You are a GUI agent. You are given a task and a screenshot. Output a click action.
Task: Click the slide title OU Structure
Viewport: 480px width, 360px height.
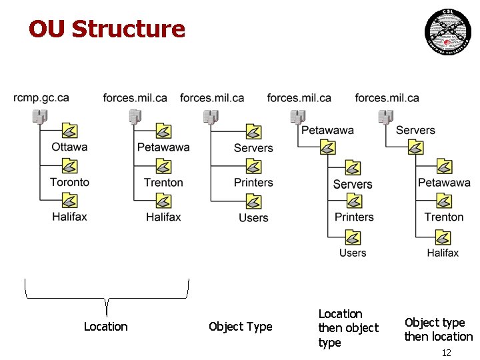pos(107,29)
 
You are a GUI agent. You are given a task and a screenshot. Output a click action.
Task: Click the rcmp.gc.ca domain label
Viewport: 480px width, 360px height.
pos(41,98)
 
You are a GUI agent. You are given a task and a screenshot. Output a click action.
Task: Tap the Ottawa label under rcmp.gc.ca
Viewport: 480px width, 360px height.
pos(69,147)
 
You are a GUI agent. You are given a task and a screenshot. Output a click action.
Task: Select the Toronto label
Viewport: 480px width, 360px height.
pos(69,182)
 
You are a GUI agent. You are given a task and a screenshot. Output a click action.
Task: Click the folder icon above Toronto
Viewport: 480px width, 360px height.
pos(69,165)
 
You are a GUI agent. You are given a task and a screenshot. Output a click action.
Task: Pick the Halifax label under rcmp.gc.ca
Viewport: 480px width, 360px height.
pos(69,217)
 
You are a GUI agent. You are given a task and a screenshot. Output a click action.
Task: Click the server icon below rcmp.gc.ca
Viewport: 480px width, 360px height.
pos(39,117)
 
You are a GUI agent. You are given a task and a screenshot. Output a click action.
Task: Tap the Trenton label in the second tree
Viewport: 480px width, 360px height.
pos(163,182)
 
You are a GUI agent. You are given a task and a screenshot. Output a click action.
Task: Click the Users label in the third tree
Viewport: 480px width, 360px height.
pos(253,218)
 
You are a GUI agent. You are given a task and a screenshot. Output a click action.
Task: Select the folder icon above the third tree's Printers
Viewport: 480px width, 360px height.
pos(253,166)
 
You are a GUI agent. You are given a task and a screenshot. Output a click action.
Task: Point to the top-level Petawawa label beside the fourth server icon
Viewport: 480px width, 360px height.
pos(327,130)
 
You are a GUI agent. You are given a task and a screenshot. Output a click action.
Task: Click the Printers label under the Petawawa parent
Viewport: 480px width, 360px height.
pos(354,217)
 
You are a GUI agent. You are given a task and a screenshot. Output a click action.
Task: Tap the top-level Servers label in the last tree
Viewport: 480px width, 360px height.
pos(415,130)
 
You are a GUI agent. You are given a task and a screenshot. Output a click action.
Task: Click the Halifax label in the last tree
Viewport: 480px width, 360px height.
pos(443,253)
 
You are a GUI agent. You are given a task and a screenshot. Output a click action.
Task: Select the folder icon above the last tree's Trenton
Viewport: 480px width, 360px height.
pos(443,201)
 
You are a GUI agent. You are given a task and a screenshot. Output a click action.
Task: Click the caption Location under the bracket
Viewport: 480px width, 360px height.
pos(105,327)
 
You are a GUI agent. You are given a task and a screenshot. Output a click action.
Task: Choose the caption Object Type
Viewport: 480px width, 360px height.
pos(240,327)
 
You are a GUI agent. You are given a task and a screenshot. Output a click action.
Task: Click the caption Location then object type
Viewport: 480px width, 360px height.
pos(348,328)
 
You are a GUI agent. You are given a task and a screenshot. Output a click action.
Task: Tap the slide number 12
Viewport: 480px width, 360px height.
pos(447,353)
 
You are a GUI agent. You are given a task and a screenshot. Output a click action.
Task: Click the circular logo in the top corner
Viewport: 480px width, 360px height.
pos(447,31)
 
